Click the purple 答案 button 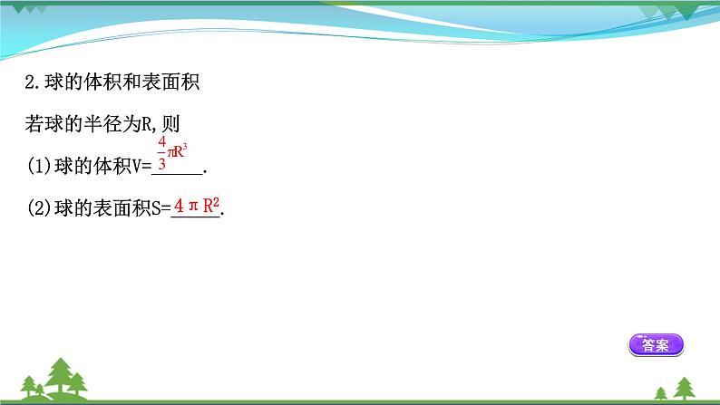pyautogui.click(x=655, y=344)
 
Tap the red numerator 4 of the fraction pyautogui.click(x=161, y=143)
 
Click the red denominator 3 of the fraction pyautogui.click(x=161, y=164)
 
